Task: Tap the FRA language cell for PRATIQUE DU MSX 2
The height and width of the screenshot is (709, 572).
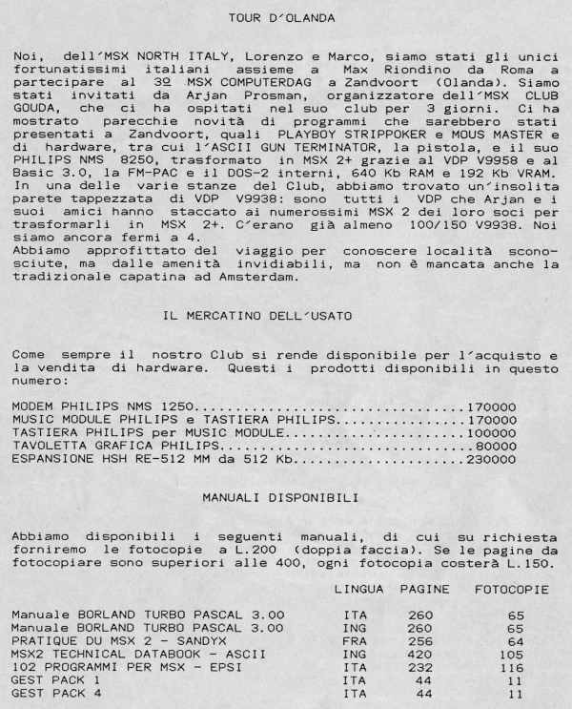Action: click(355, 641)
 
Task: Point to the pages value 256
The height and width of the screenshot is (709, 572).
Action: click(419, 641)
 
